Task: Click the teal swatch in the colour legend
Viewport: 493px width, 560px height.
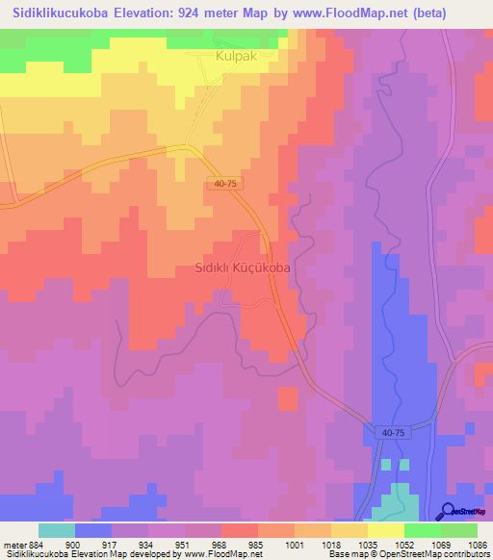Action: click(57, 530)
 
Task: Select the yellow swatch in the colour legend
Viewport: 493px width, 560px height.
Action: click(386, 530)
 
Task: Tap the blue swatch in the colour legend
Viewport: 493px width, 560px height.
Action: click(93, 530)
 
